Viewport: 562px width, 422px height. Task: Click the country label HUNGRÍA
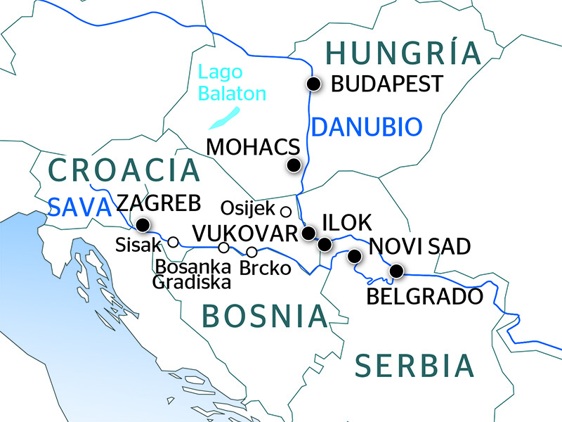403,53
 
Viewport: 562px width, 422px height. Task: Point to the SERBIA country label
414,366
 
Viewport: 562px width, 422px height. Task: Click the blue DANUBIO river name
367,127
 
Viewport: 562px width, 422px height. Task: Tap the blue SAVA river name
79,207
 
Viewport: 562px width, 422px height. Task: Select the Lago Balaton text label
231,83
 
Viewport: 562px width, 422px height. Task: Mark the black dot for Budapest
313,84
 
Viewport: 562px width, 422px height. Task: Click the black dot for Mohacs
294,166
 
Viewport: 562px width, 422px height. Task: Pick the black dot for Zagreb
143,225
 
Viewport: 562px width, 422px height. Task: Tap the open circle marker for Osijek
285,211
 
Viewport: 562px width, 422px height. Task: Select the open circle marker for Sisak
173,242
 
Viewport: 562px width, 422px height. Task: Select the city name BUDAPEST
386,84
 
